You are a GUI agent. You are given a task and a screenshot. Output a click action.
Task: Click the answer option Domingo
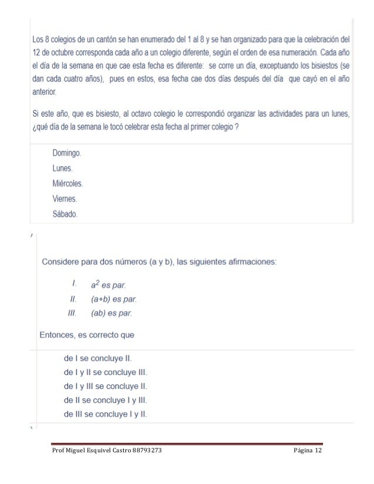66,153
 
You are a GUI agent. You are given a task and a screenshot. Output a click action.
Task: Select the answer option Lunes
63,168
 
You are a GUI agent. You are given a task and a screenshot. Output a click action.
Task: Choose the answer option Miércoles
67,183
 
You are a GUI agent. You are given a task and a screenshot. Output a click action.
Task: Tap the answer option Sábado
64,214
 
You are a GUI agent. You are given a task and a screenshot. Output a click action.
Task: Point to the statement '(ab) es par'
111,313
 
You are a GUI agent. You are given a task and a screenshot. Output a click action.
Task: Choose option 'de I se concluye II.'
97,357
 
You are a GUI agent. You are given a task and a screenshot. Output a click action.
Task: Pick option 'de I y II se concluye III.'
105,371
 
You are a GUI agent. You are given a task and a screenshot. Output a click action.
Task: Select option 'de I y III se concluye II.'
105,386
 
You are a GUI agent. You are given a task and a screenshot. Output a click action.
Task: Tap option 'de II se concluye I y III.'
105,400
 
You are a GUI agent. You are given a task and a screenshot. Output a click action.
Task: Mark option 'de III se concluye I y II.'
105,414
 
